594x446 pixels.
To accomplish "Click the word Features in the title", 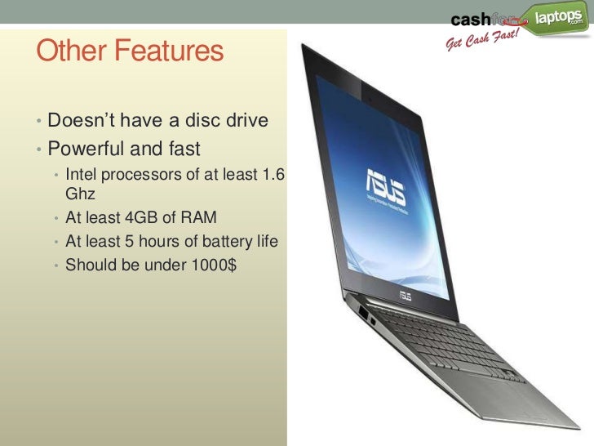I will [168, 52].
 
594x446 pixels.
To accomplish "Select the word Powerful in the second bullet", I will [86, 150].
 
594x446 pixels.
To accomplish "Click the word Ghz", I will [80, 196].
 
